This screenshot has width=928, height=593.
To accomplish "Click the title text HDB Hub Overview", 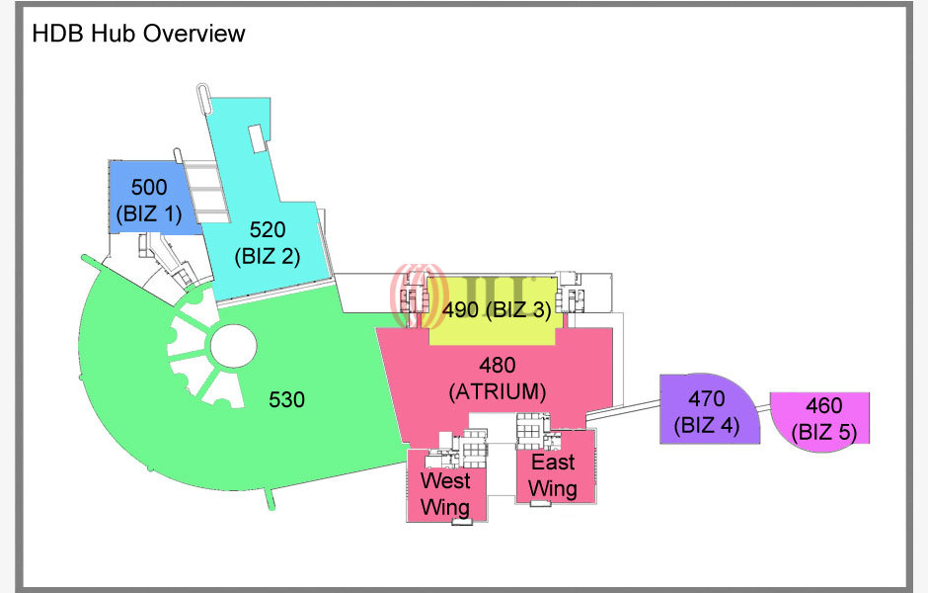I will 138,34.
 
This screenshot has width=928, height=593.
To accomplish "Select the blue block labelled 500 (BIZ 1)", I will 148,199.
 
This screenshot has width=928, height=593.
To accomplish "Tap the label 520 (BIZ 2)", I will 267,242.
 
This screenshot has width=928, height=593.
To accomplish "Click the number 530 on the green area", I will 287,399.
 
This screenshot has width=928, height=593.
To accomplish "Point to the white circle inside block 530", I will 232,345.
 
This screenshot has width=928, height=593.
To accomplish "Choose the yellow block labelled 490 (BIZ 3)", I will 496,310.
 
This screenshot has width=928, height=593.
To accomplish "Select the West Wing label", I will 445,493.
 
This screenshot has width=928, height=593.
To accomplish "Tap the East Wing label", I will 552,475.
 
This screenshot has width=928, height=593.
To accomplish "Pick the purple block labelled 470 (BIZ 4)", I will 707,412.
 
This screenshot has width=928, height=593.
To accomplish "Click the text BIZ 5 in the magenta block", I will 823,432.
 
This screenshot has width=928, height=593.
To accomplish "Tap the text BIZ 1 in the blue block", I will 148,212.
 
